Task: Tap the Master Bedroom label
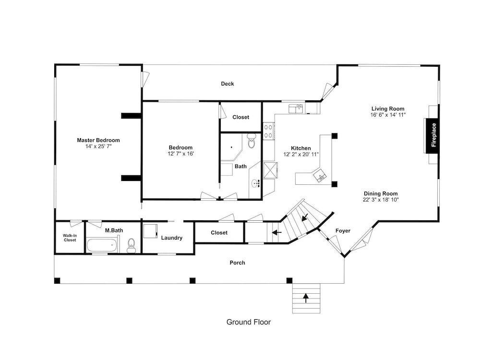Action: [98, 140]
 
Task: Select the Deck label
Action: [228, 84]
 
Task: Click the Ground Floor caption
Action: [249, 322]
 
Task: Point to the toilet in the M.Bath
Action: [132, 245]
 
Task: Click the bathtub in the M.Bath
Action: [102, 245]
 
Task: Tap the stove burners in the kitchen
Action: [268, 131]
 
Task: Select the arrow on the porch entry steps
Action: [306, 298]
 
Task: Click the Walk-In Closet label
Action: [70, 238]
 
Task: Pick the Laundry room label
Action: [172, 238]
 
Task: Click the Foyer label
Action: [343, 231]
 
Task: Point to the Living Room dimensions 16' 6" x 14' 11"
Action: [388, 115]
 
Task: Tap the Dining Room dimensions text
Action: [381, 200]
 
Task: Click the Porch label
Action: [237, 263]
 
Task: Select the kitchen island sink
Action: [320, 176]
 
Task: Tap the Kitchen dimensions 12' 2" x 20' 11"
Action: [301, 154]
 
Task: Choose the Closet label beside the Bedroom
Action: [240, 117]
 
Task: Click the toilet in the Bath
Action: [252, 141]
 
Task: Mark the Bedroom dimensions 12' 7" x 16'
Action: [180, 154]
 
